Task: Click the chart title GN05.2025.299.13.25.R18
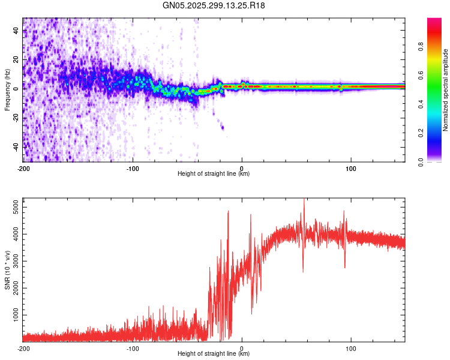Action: [214, 5]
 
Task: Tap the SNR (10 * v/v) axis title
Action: [7, 270]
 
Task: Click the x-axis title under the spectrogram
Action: [214, 174]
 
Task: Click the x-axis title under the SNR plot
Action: [214, 353]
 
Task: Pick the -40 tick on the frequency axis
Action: [16, 146]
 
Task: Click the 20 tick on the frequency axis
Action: [16, 59]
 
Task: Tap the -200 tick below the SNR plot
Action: [23, 348]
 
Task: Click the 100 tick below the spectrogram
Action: [351, 169]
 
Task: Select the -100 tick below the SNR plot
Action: [133, 348]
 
